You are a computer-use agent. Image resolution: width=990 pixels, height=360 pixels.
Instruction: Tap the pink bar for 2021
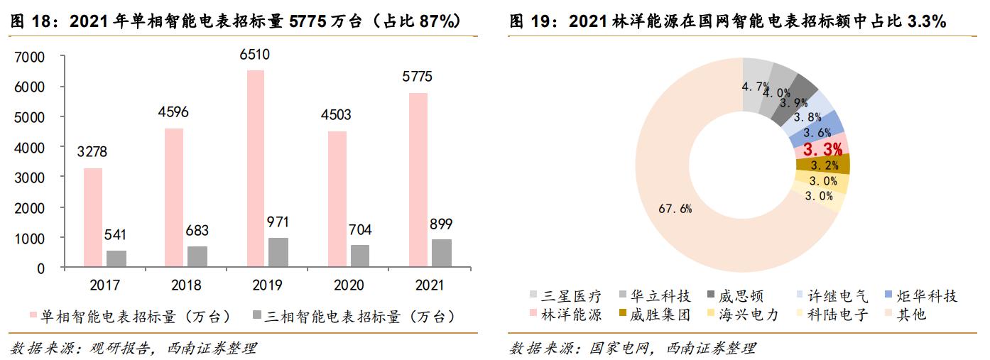tap(418, 180)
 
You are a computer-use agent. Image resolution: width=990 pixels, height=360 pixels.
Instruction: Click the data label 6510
tap(255, 55)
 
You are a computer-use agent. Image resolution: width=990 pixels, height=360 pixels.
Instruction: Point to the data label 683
tap(197, 231)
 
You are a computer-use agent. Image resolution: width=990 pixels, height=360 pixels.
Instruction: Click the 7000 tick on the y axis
tap(31, 57)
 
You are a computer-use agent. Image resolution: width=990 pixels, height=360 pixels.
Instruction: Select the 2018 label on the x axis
tap(185, 285)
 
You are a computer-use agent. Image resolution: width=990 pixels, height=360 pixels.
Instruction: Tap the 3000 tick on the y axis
tap(31, 178)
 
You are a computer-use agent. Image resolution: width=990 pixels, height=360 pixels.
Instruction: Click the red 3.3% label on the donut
tap(822, 149)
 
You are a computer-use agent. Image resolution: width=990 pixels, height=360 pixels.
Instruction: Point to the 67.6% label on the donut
tap(675, 209)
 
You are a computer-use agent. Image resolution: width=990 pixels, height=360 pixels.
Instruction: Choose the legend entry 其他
tap(911, 315)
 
